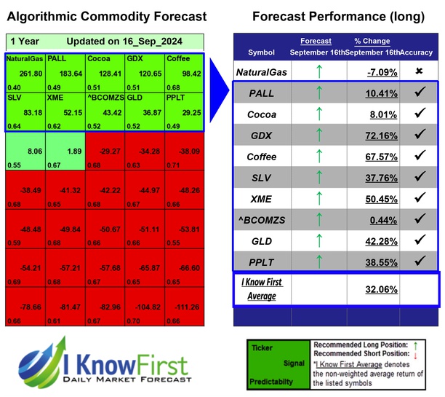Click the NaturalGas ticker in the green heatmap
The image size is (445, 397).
25,59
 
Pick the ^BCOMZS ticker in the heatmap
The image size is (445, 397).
103,98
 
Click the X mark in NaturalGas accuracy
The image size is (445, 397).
419,71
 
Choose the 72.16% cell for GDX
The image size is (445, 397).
382,135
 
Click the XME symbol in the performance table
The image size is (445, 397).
262,198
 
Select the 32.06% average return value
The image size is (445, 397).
382,288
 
